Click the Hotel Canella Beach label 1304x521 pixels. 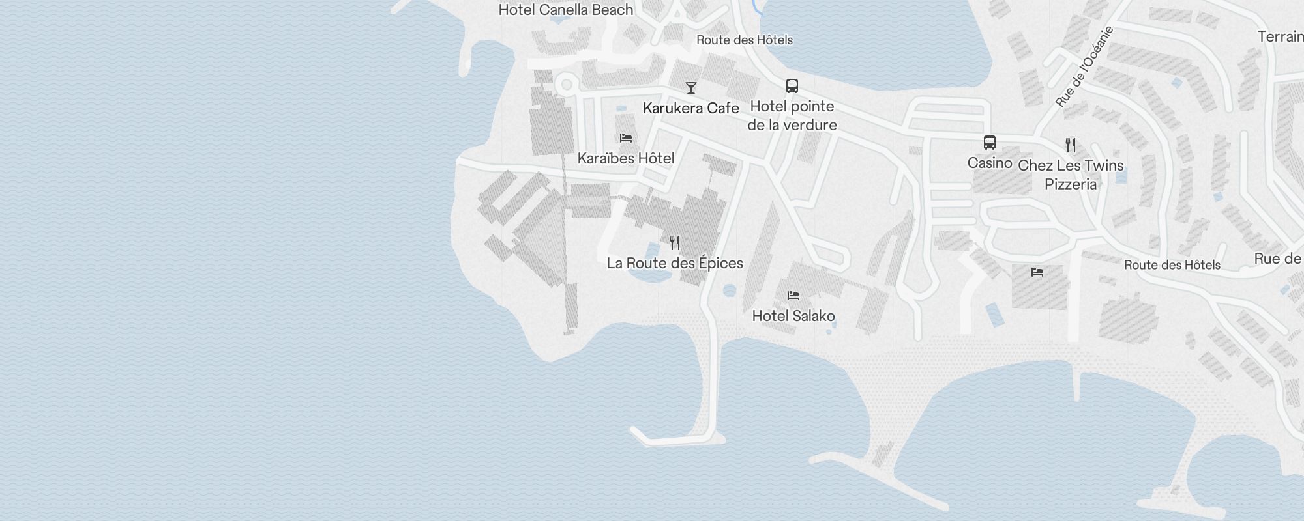click(x=565, y=10)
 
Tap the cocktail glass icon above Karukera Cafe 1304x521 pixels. click(x=691, y=88)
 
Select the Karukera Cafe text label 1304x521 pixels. click(x=691, y=108)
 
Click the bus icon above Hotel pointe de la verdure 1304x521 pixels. click(x=792, y=86)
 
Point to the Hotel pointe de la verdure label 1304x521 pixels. click(x=792, y=115)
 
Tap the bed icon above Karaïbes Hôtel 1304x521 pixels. click(x=626, y=138)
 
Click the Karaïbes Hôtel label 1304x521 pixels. click(x=626, y=158)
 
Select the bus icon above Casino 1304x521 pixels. click(x=990, y=143)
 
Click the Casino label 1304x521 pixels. click(x=990, y=163)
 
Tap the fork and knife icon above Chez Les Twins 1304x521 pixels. click(x=1071, y=145)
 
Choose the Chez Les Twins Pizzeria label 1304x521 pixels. click(x=1071, y=175)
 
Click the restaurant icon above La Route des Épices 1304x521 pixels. click(x=675, y=243)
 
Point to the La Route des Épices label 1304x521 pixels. click(x=675, y=263)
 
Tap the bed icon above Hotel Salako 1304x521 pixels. click(x=793, y=296)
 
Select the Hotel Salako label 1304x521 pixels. click(x=793, y=316)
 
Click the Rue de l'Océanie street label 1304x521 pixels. click(x=1084, y=66)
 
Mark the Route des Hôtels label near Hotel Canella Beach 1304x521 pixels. click(x=745, y=40)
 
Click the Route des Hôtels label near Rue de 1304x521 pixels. click(x=1172, y=265)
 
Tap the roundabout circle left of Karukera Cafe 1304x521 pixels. click(x=567, y=85)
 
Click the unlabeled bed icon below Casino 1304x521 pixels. click(x=1037, y=272)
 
